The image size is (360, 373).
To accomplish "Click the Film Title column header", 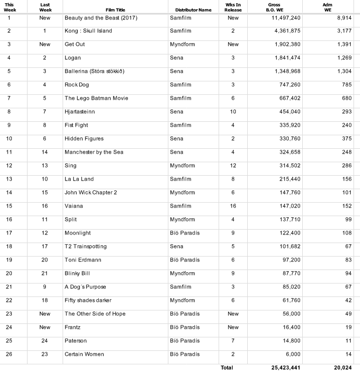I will [x=118, y=10].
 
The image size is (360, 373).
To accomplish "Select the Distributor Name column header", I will [x=193, y=10].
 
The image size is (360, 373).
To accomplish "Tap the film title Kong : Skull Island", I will [x=88, y=31].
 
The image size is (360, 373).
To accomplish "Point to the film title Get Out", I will [x=74, y=44].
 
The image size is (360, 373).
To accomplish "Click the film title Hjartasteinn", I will [x=81, y=112].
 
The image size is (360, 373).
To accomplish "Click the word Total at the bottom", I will [x=227, y=368].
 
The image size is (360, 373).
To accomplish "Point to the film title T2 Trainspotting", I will [x=85, y=246].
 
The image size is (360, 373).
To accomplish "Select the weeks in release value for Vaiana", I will [x=233, y=206].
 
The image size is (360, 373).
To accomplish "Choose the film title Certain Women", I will [x=84, y=354].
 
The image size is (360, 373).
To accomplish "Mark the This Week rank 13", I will [x=9, y=179].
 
